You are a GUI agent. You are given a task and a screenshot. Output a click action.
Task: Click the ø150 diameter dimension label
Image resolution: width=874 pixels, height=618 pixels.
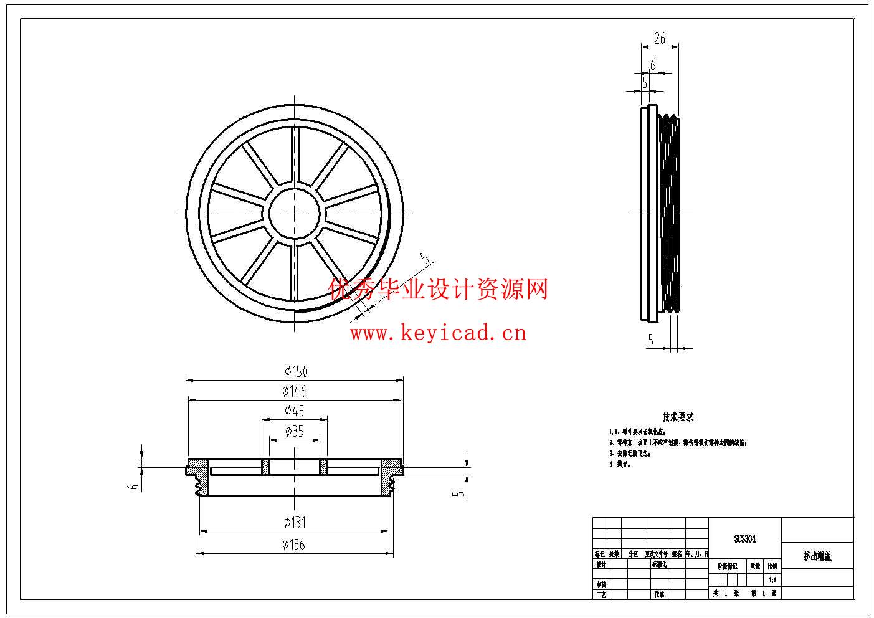click(x=296, y=372)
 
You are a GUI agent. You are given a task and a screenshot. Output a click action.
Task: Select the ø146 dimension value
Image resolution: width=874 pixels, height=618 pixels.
click(x=294, y=392)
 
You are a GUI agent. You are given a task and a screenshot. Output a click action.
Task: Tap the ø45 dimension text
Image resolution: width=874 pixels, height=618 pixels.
click(x=294, y=411)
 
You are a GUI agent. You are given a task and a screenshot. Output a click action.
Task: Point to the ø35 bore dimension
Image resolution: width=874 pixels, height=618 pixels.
click(x=294, y=431)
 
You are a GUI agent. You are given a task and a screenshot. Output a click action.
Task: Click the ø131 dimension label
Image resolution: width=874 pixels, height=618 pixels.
click(x=294, y=523)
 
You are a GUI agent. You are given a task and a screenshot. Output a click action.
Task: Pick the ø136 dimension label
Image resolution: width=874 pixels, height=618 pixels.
click(x=293, y=545)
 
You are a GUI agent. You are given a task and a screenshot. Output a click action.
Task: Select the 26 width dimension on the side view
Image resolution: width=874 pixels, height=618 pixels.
click(x=659, y=39)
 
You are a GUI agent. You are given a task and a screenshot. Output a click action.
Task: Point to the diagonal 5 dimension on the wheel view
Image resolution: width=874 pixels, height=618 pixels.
click(x=426, y=259)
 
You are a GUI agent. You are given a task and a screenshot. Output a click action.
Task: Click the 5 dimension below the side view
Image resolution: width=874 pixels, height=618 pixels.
click(x=651, y=340)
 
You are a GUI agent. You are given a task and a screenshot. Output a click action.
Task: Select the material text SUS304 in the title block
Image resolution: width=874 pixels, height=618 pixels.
click(x=744, y=539)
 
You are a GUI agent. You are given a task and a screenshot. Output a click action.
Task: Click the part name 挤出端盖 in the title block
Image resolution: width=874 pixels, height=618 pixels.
click(x=817, y=556)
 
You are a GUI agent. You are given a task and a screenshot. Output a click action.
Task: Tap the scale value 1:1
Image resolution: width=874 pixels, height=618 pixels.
click(x=772, y=579)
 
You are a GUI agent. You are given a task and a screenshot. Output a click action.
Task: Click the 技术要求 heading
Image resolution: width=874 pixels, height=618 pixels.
click(x=678, y=417)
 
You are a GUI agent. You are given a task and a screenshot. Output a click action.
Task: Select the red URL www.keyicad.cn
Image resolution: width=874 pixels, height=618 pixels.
click(x=438, y=333)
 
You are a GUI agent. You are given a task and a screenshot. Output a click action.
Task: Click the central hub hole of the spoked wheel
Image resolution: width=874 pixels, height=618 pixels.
click(x=294, y=213)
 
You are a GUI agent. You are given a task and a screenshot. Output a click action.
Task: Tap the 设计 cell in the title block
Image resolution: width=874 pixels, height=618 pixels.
click(x=601, y=564)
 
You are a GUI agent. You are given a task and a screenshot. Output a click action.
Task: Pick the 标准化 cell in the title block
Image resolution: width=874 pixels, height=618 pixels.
click(x=659, y=564)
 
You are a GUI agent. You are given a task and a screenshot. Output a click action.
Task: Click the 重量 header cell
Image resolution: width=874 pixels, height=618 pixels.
click(x=755, y=566)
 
